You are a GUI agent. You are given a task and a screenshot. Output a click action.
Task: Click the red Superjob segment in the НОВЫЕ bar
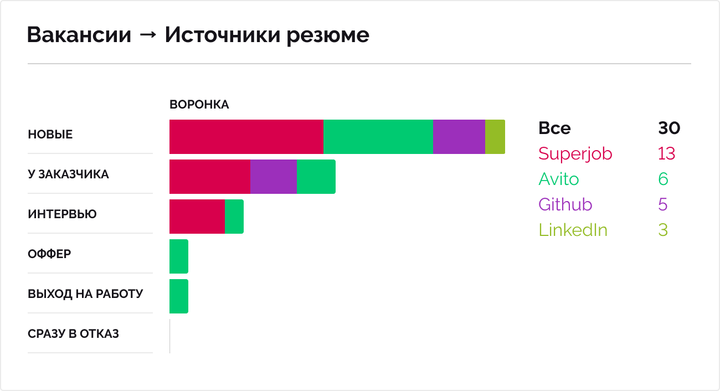click(246, 137)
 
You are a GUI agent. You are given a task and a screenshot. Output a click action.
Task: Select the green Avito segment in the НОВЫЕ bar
click(378, 137)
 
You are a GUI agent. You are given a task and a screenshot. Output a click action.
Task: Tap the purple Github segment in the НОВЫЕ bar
click(459, 137)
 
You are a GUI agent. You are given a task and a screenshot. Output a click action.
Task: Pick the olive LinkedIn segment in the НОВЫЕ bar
click(495, 137)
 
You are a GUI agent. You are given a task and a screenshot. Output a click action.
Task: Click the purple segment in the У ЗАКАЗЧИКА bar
click(273, 177)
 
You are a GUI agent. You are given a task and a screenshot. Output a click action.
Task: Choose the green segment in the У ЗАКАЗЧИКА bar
click(316, 177)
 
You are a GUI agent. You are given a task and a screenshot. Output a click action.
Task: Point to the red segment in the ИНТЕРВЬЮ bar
click(197, 217)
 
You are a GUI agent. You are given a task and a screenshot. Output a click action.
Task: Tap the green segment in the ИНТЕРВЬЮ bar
click(234, 217)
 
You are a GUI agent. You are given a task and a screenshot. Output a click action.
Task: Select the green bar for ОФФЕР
click(178, 256)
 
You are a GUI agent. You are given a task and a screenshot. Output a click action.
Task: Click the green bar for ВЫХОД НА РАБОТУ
click(178, 296)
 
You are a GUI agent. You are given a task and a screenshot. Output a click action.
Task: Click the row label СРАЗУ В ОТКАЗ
click(73, 334)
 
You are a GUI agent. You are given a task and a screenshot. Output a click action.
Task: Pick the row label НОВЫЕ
click(50, 135)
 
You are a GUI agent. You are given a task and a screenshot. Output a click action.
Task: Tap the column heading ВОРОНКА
click(199, 105)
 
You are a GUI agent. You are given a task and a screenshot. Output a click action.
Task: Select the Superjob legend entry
click(575, 153)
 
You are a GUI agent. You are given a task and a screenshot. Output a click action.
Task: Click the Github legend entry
click(565, 204)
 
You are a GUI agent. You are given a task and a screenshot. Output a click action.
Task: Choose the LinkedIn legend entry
click(573, 230)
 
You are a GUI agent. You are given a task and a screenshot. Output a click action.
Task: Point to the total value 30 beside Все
click(668, 128)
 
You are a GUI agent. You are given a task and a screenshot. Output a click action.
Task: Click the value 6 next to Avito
click(663, 179)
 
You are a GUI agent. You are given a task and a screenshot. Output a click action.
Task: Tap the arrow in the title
click(148, 36)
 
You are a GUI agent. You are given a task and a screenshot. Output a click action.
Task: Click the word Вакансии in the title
click(79, 35)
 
